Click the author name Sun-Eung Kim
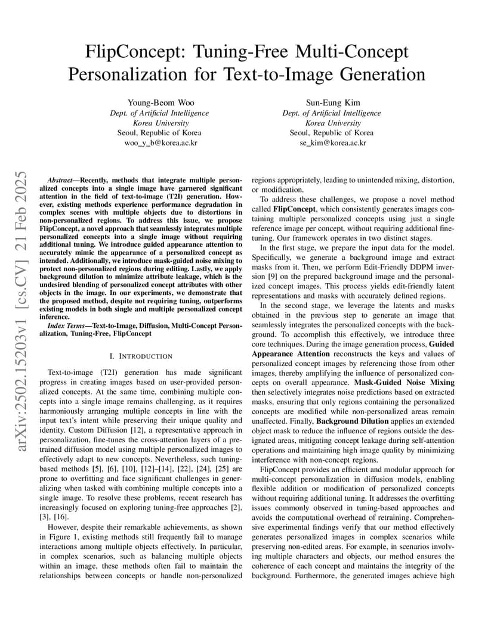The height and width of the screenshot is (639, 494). [332, 103]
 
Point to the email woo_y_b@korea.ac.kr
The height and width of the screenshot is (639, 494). [160, 143]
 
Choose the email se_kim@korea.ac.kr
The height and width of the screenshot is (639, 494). [332, 143]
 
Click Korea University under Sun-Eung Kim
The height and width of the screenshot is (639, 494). [332, 123]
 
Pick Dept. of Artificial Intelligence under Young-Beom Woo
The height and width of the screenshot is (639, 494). [160, 113]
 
